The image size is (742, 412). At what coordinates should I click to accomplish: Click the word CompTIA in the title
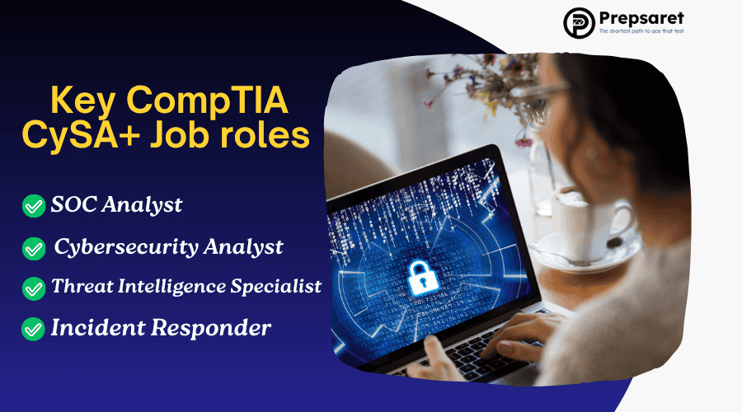(207, 101)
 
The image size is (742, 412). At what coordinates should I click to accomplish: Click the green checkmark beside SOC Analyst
(34, 206)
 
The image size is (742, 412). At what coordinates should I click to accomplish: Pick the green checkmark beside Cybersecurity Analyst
(34, 248)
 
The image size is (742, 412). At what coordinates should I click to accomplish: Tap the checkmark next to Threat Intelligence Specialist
(34, 288)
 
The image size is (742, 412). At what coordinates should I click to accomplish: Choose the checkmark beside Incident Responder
(33, 329)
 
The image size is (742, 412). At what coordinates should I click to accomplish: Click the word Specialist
(276, 287)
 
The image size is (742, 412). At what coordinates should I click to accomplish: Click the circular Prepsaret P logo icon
(579, 23)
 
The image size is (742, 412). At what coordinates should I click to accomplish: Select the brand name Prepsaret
(641, 18)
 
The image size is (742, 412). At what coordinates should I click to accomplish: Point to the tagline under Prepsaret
(641, 31)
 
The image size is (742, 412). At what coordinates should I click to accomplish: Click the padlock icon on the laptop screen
(424, 278)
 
